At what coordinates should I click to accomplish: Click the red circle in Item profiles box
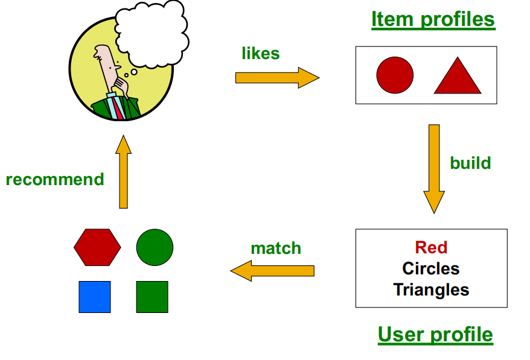[395, 75]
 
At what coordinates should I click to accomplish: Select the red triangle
[458, 79]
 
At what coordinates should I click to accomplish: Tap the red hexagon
[97, 247]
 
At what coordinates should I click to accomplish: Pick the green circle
[155, 247]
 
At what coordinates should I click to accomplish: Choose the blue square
[95, 297]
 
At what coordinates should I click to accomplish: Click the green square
[152, 297]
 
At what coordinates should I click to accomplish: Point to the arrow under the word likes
[276, 78]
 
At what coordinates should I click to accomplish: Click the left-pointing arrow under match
[273, 270]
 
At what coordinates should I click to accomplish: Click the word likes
[261, 54]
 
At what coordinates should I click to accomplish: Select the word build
[470, 163]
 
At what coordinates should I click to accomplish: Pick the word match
[276, 248]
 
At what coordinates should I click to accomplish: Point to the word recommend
[55, 180]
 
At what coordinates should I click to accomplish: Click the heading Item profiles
[433, 19]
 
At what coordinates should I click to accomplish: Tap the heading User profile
[435, 334]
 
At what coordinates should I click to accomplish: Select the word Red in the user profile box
[431, 247]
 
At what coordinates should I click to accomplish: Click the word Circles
[431, 268]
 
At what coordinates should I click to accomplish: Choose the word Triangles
[431, 289]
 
